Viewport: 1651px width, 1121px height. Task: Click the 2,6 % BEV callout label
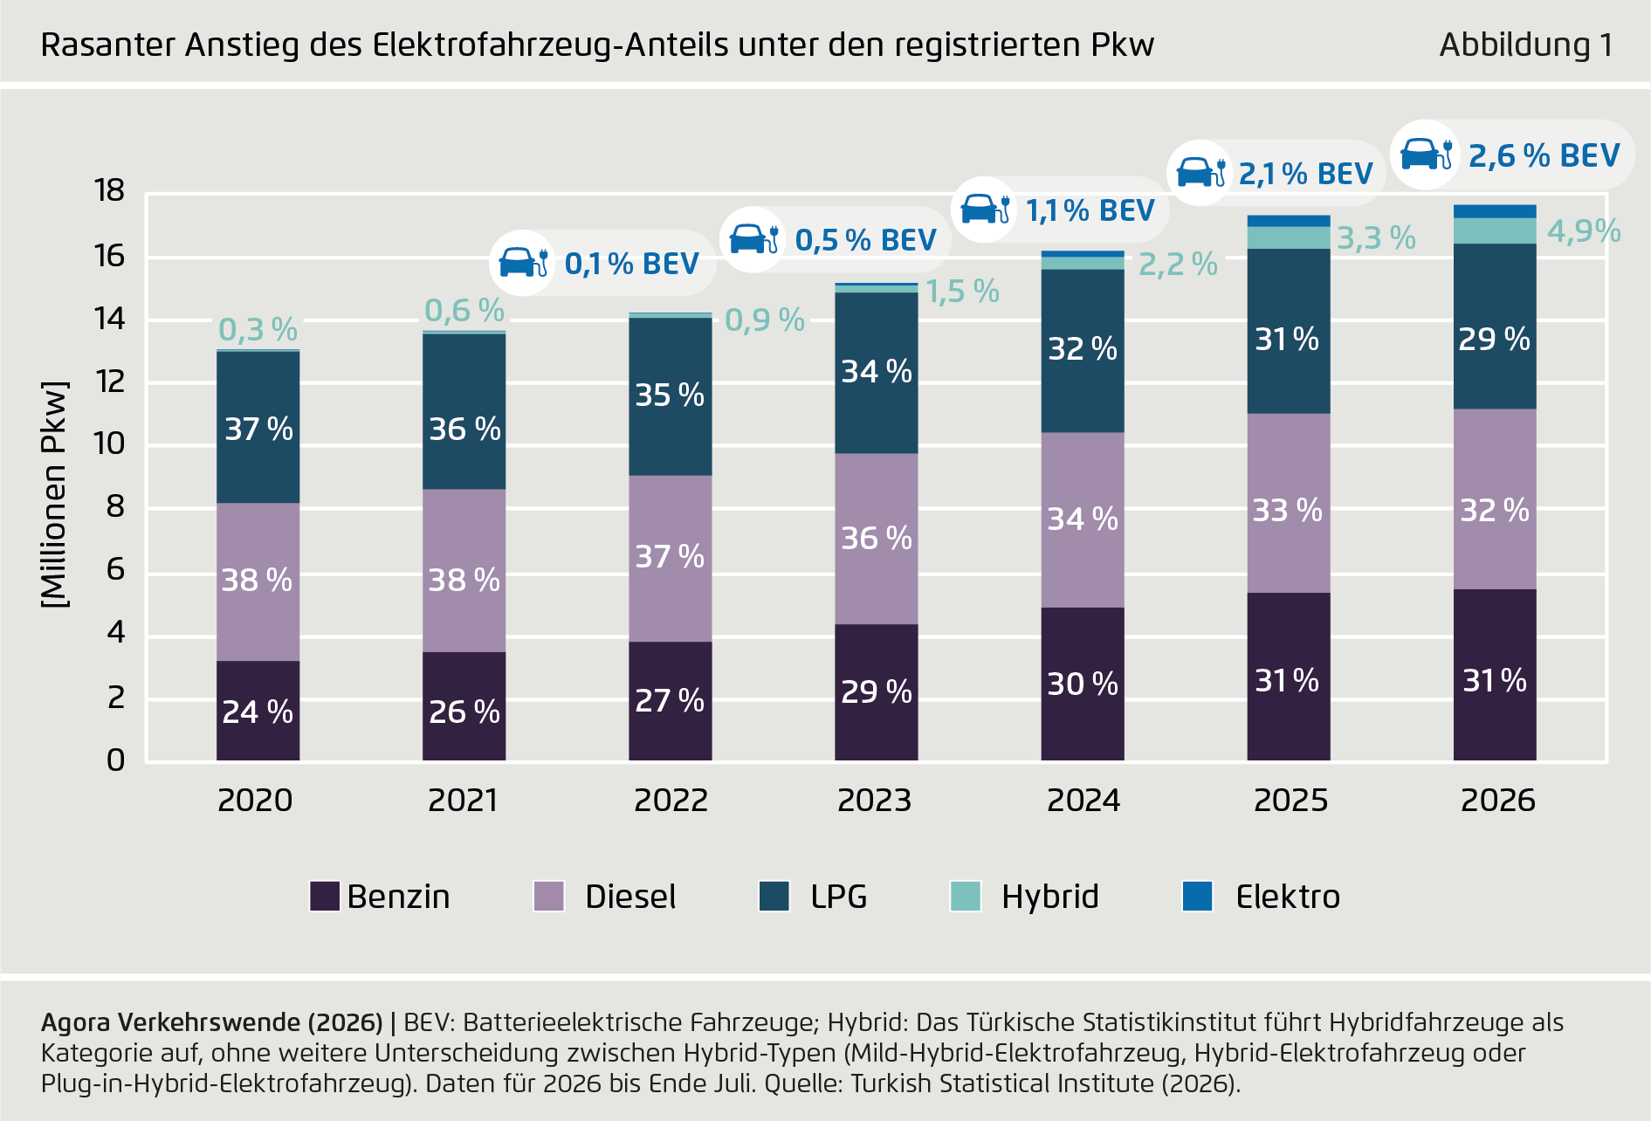coord(1544,155)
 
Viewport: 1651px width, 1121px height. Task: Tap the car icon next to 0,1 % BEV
coord(523,262)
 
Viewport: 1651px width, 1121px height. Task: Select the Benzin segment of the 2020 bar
coord(258,711)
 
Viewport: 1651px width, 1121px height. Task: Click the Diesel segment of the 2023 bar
coord(876,539)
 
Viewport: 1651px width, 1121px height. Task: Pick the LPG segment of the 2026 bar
coord(1494,327)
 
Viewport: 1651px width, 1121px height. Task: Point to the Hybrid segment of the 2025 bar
coord(1288,237)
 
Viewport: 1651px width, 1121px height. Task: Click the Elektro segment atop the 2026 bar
coord(1494,211)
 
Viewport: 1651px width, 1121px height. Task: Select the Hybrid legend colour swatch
coord(966,897)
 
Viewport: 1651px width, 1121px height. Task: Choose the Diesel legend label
coord(630,897)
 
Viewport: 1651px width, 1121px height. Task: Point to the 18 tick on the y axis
coord(110,190)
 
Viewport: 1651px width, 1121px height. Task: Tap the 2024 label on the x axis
coord(1083,800)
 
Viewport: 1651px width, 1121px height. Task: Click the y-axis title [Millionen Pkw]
coord(54,494)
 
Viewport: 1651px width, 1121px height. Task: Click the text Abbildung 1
coord(1525,45)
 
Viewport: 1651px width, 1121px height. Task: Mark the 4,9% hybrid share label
coord(1583,231)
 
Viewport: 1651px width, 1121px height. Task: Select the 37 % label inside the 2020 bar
coord(258,429)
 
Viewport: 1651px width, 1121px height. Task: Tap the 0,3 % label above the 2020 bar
coord(258,330)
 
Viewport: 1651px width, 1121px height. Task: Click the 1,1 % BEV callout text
coord(1090,210)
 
